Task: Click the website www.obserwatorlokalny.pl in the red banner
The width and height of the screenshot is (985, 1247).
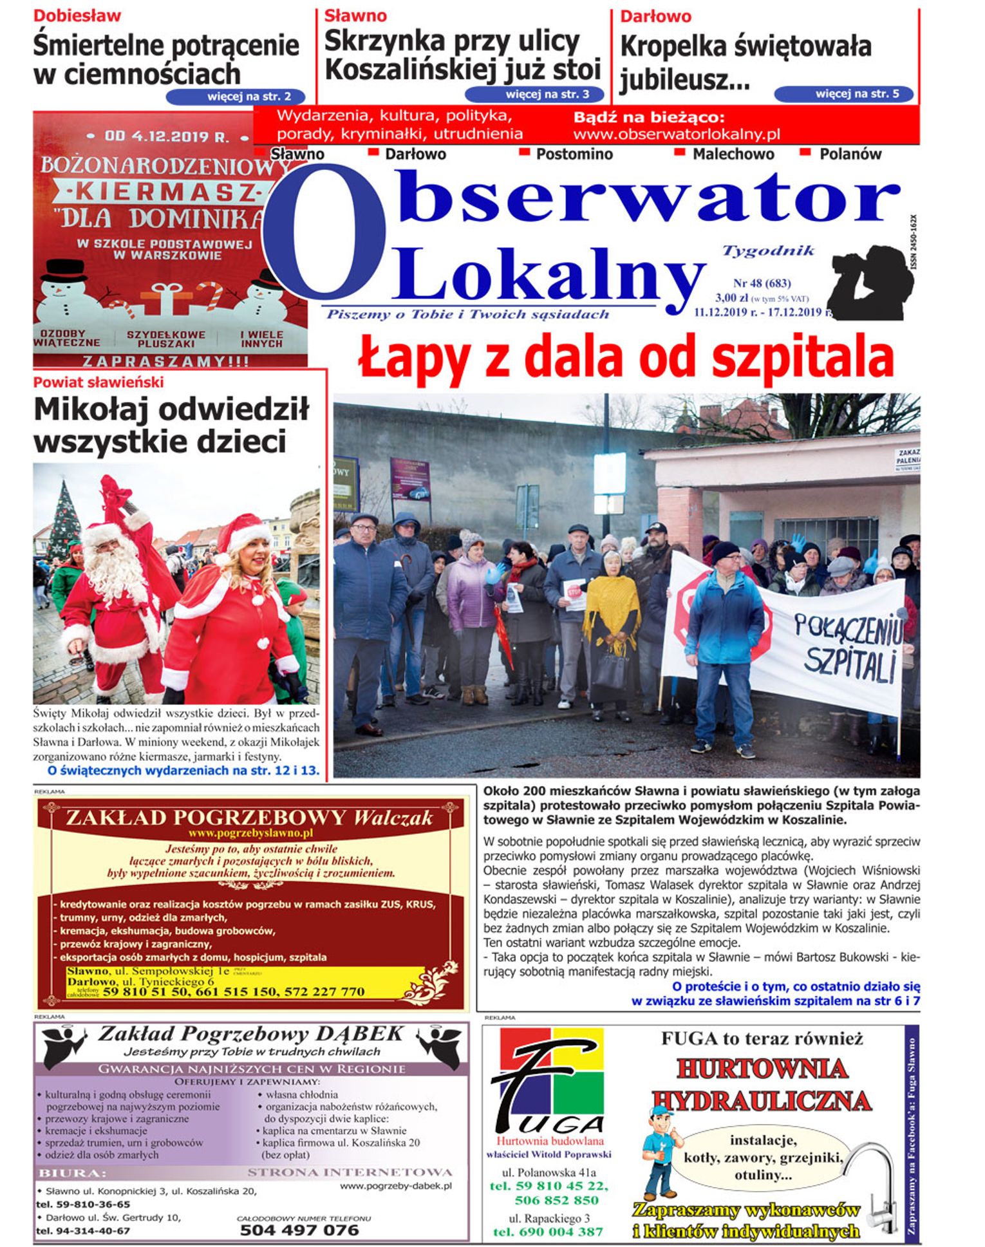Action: tap(676, 135)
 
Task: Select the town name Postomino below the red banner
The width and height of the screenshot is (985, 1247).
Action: tap(574, 155)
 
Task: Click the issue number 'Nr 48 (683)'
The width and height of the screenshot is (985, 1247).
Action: tap(762, 283)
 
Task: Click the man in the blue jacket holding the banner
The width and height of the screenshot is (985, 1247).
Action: tap(724, 644)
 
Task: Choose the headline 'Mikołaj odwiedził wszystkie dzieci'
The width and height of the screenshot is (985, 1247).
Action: tap(171, 426)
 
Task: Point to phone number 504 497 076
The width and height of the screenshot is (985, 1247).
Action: tap(299, 1230)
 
